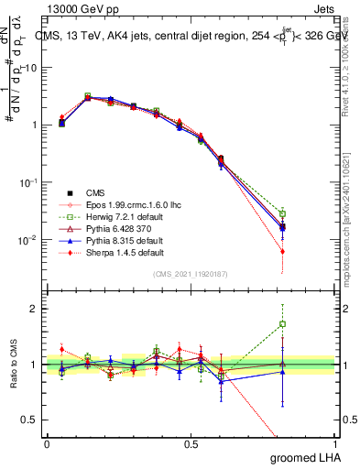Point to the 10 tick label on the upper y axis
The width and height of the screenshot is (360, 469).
click(x=30, y=68)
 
